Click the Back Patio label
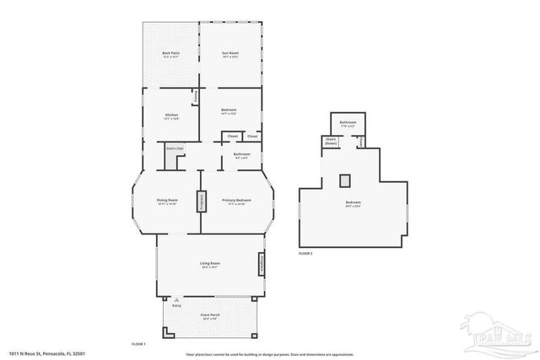170,55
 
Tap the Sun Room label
230,55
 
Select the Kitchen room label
171,116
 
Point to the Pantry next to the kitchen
196,97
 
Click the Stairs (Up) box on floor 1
175,149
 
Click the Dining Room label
167,201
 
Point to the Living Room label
210,266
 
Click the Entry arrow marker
176,299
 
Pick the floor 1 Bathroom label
241,154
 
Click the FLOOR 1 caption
139,344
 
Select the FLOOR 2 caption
305,253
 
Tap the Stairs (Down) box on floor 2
330,142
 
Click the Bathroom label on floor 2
348,124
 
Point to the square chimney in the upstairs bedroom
344,180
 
